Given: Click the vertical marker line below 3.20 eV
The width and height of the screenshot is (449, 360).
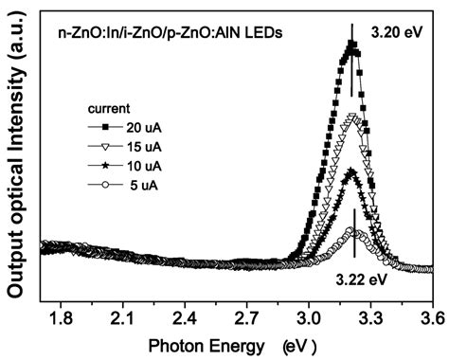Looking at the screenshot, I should coord(352,71).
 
